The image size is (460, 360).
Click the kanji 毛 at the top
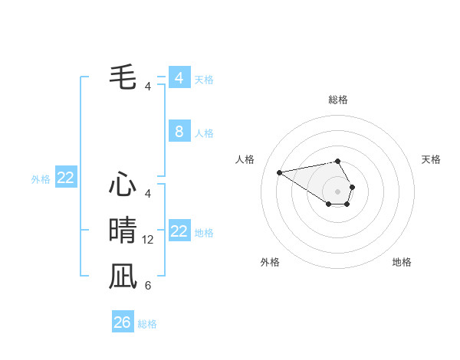123,77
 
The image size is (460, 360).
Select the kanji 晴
123,230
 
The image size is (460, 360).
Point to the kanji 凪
123,276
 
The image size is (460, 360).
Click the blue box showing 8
179,132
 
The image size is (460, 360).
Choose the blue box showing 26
123,322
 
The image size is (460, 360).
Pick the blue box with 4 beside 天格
179,78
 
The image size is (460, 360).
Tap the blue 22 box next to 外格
66,178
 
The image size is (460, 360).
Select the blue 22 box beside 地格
179,231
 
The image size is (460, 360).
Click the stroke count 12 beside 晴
148,240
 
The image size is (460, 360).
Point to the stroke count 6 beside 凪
148,286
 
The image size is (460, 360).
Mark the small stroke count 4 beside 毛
148,87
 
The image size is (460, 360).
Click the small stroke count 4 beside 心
148,194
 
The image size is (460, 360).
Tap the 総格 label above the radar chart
338,100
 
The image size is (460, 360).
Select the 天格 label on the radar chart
431,159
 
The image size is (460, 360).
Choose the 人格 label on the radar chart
245,159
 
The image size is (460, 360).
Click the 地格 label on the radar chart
402,262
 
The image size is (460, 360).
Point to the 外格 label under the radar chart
270,262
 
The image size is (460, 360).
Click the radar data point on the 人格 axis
280,172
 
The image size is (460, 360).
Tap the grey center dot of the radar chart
338,191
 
